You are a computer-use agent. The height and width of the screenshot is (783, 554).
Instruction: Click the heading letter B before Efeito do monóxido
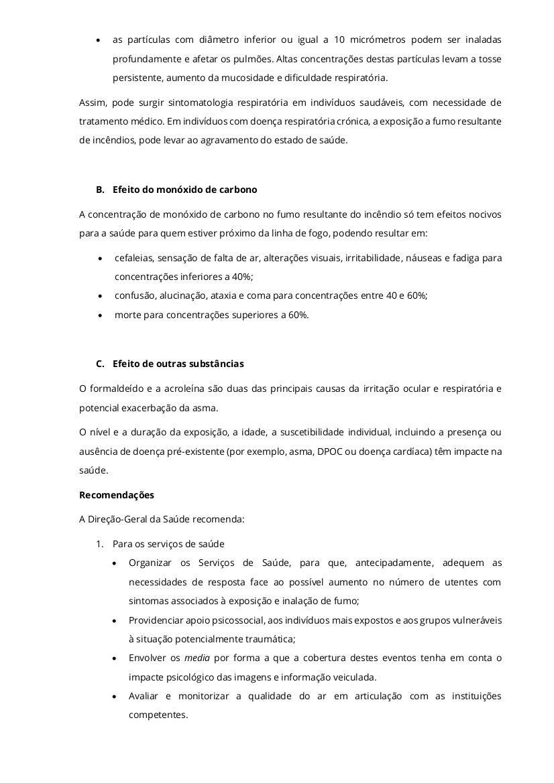100,190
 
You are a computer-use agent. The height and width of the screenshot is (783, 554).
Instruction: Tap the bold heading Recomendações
117,495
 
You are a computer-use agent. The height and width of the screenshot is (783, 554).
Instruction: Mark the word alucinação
181,295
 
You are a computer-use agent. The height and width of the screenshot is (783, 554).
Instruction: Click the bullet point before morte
100,315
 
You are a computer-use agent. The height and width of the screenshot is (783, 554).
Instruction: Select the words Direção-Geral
118,519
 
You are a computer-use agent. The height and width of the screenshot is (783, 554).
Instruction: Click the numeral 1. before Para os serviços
99,544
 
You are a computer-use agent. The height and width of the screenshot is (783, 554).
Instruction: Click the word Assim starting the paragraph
92,102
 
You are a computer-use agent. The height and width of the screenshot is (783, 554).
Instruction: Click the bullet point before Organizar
116,563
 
